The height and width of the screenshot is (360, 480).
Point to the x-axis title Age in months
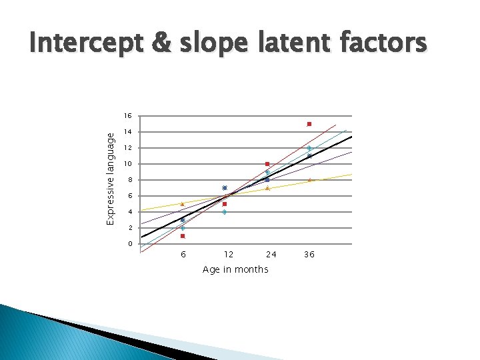click(235, 269)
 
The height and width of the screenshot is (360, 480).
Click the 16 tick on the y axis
click(129, 116)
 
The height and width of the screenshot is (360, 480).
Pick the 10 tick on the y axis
click(129, 164)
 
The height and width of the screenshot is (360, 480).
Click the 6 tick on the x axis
click(183, 255)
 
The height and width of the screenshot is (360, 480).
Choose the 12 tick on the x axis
click(228, 255)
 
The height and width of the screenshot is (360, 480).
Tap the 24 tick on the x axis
click(271, 255)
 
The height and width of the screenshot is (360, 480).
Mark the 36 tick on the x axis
click(309, 255)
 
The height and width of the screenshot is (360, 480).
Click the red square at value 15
click(309, 124)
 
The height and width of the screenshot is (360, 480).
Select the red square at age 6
click(183, 236)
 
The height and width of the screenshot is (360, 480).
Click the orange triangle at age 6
click(183, 204)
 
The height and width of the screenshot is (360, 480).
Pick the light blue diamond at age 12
click(225, 212)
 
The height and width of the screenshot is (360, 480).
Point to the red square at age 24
click(267, 164)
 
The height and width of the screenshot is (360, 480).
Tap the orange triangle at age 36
click(309, 180)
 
